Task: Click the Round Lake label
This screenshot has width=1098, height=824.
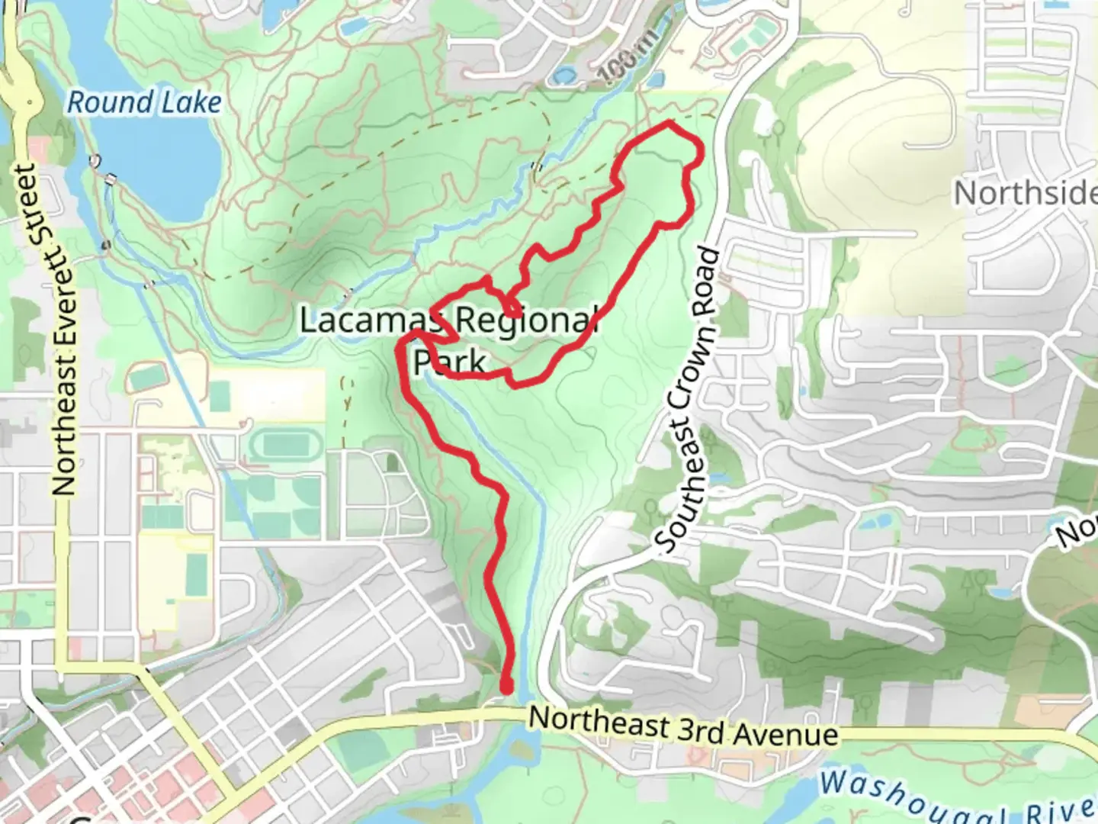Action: click(x=144, y=102)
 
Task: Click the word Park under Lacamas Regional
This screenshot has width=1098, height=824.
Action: click(x=450, y=361)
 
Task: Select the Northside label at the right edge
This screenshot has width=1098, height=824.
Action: click(x=1026, y=193)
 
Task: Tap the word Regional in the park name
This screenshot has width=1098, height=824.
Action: click(x=526, y=320)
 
